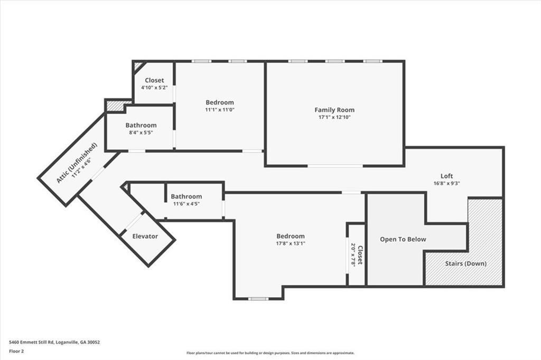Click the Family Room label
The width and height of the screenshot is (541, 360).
334,110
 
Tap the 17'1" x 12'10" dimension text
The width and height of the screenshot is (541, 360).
334,117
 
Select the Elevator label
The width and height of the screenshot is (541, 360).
145,236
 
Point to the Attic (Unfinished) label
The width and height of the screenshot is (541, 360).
77,163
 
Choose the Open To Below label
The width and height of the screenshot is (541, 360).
403,239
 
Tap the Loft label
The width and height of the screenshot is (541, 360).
446,176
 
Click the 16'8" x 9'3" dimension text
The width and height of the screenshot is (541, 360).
446,184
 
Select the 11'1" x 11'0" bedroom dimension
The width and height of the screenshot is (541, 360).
219,110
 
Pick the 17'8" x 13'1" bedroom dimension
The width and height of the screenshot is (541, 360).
290,243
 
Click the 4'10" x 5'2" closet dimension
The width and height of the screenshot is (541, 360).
154,87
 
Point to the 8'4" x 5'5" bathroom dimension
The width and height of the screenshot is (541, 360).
141,132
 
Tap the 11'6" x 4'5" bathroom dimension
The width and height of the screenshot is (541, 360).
186,204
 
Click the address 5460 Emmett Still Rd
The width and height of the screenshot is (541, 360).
54,342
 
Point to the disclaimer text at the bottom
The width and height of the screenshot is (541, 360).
270,353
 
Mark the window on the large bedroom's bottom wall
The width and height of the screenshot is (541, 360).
258,299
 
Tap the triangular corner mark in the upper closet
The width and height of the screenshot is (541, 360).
138,66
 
